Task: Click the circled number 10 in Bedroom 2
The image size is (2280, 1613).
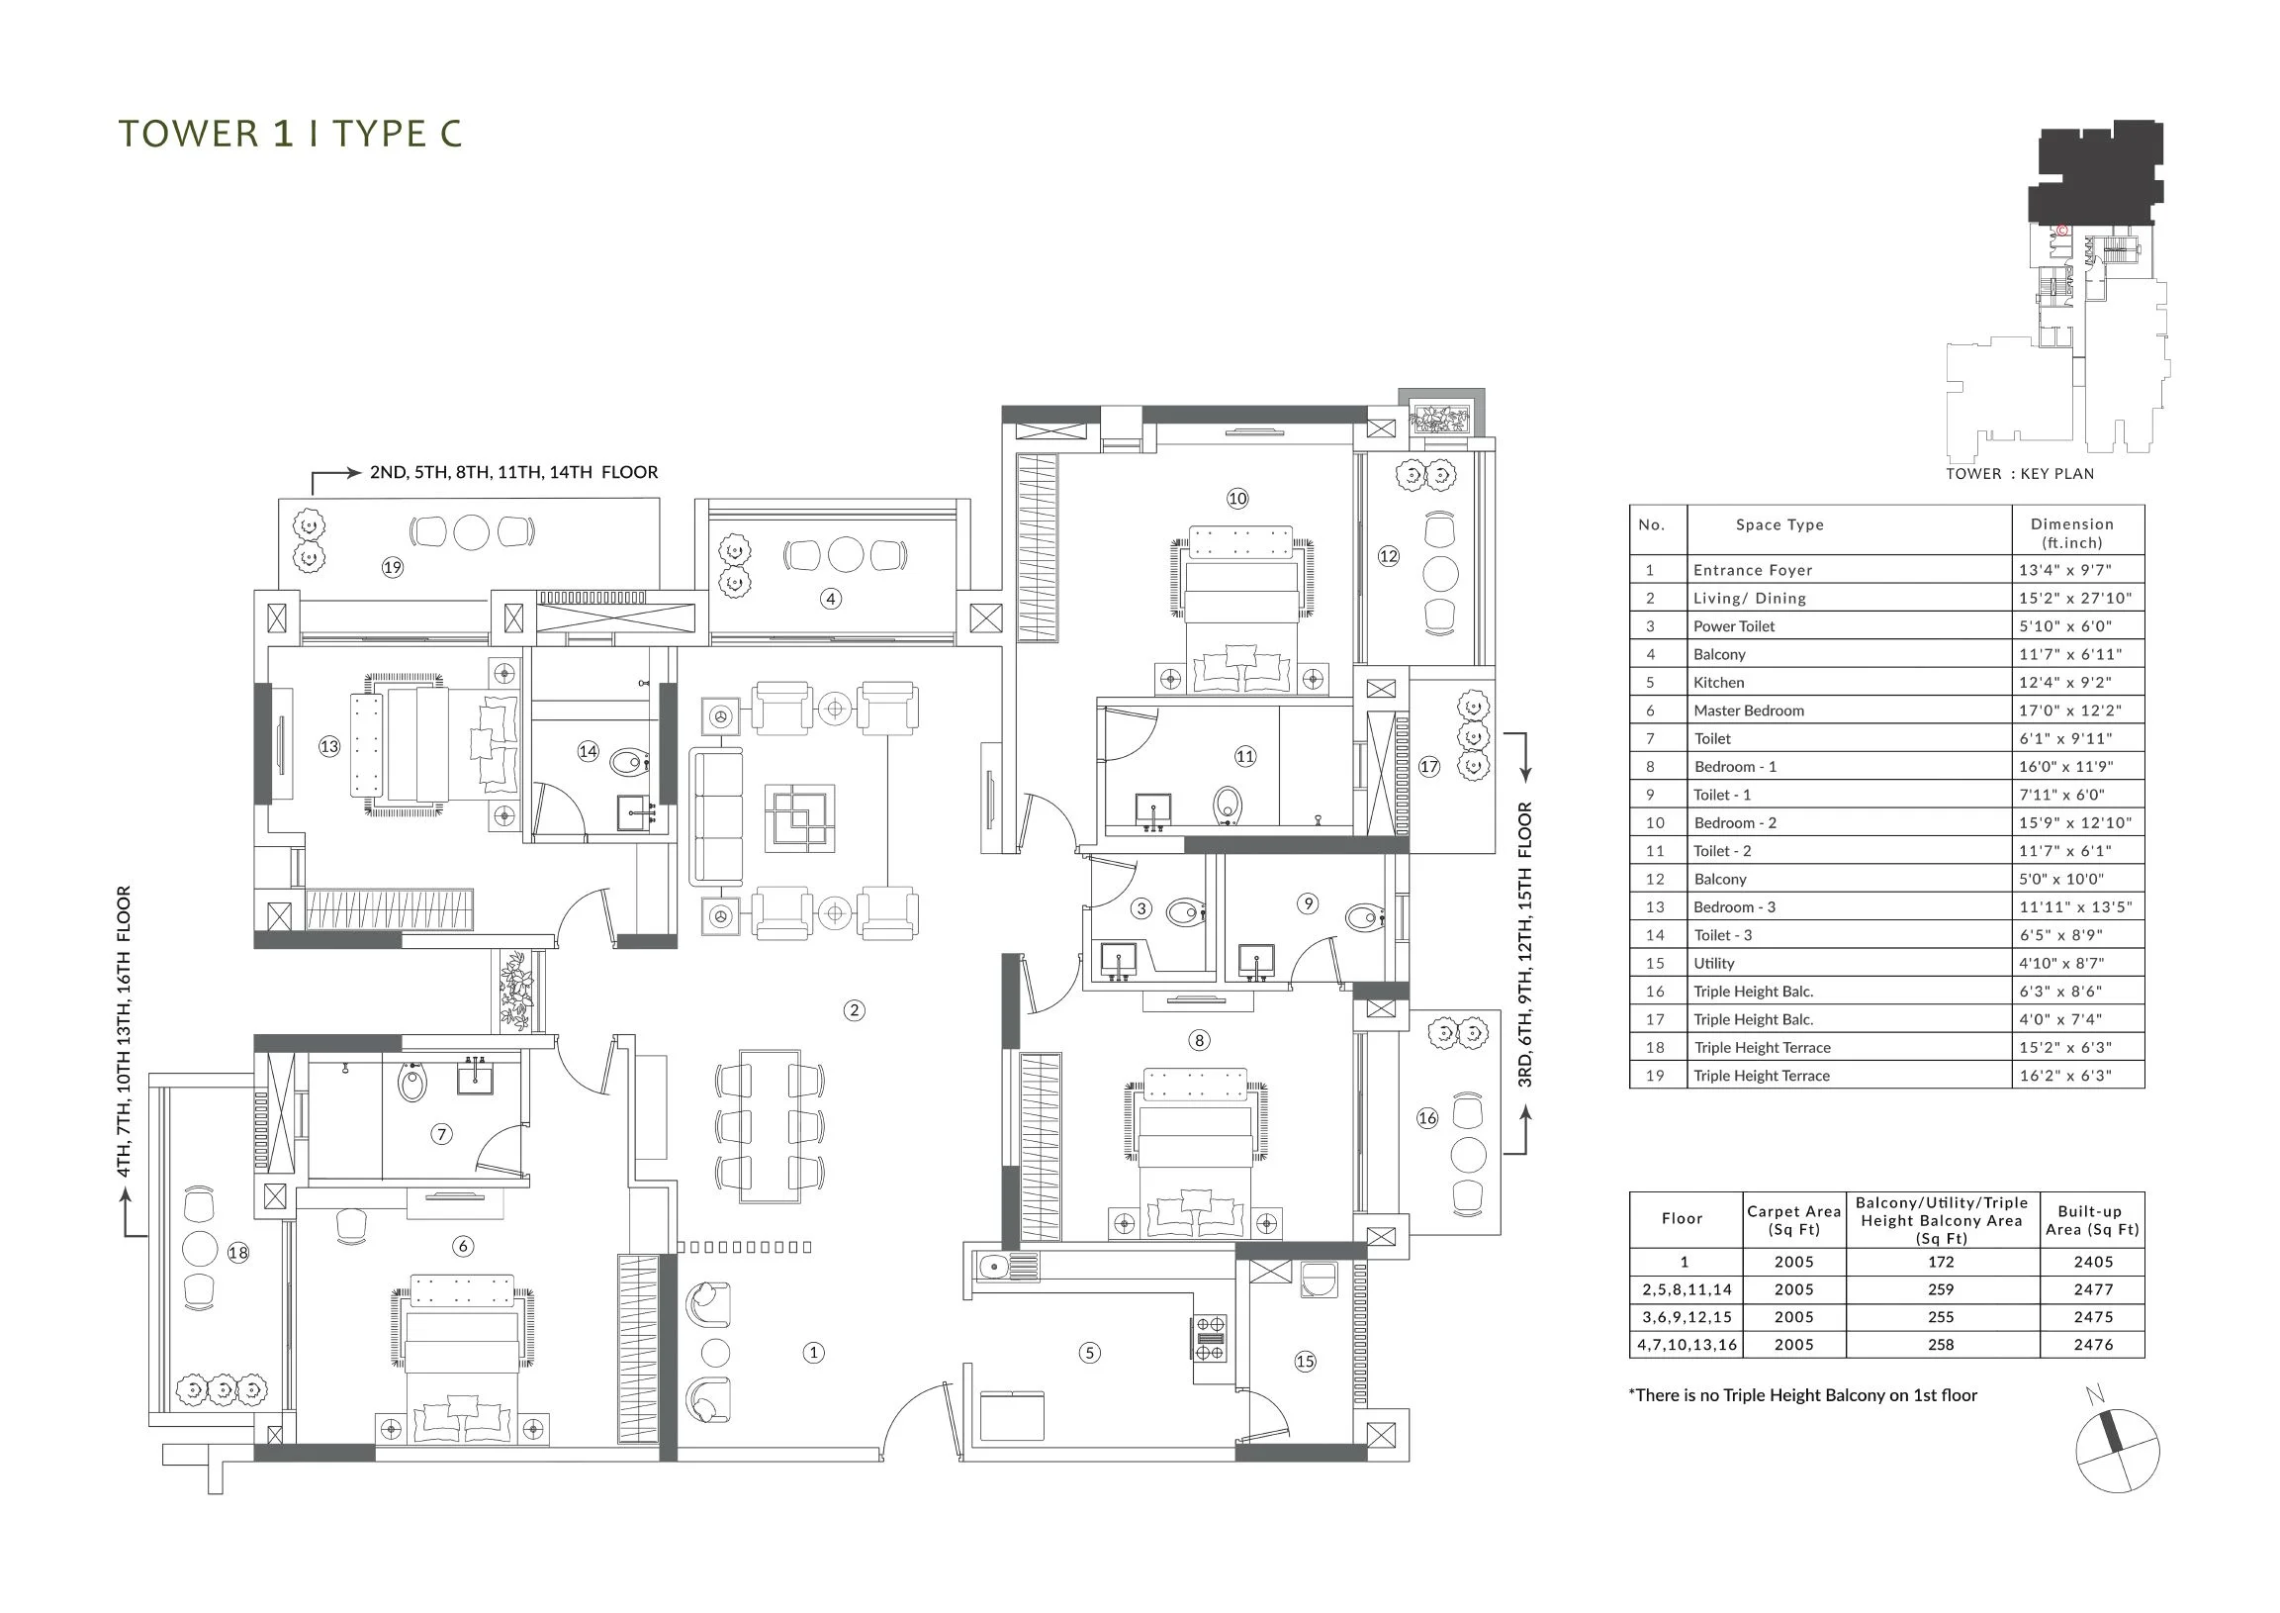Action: point(1237,499)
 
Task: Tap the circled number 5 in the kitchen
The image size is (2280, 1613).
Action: point(1089,1353)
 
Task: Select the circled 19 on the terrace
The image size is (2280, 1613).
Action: point(393,567)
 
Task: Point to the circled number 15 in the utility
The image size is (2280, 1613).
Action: point(1305,1362)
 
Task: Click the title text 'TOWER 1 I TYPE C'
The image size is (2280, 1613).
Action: point(291,134)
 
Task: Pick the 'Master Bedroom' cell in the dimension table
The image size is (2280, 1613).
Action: point(1749,711)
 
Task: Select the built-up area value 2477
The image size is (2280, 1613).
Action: point(2093,1289)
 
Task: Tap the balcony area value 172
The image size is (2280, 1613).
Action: point(1942,1262)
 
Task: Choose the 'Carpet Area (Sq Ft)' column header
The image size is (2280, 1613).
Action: point(1793,1220)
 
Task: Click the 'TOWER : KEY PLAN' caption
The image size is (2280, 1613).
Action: point(2020,474)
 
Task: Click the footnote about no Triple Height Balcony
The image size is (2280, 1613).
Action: point(1802,1395)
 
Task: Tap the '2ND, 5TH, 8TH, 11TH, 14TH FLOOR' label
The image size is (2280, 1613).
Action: point(513,472)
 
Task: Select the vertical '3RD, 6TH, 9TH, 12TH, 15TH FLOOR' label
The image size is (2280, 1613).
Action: point(1525,945)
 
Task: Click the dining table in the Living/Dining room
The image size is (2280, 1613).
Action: point(770,1126)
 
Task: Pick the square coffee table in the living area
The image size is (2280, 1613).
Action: point(799,817)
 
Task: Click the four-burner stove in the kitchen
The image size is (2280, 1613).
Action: point(1210,1338)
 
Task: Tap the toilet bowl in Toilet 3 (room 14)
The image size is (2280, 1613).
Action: point(629,763)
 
